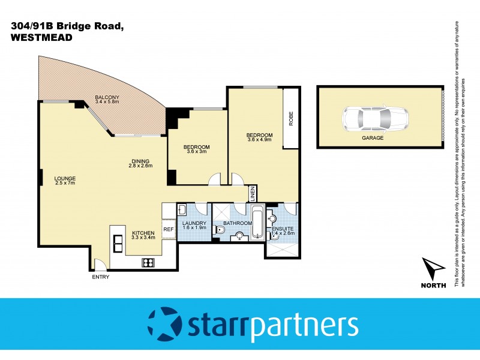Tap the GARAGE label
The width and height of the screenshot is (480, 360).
pos(372,138)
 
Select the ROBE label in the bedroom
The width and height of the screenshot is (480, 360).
pos(291,120)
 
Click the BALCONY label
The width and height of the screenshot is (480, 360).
pos(107,98)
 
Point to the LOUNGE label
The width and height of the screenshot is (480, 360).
pos(64,178)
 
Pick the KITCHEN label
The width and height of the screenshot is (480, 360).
pos(143,232)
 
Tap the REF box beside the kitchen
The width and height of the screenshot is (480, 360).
pos(169,229)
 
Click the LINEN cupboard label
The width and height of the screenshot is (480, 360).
pos(253,194)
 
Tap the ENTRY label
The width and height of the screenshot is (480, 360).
pos(100,277)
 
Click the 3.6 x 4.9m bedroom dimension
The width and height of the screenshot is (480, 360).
pos(259,141)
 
